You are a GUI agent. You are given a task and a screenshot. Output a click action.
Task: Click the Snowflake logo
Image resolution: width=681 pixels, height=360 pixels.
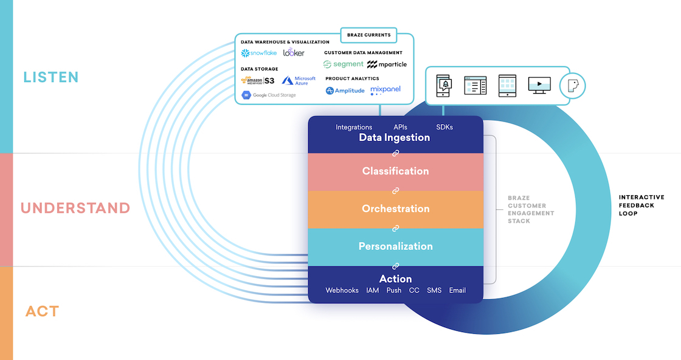coord(259,53)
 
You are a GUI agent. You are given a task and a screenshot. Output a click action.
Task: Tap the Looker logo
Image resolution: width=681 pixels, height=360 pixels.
coord(294,52)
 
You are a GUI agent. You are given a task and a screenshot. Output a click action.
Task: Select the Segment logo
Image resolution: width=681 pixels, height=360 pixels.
coord(343,64)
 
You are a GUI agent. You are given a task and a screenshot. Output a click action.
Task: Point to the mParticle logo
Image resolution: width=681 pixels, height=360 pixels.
coord(387,64)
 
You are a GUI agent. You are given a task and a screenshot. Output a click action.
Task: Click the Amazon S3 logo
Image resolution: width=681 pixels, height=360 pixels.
coord(258,80)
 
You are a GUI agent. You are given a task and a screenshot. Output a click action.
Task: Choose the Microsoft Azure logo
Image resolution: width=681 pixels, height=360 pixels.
coord(299,81)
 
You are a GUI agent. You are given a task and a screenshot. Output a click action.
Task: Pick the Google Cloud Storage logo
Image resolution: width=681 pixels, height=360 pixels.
coord(269,95)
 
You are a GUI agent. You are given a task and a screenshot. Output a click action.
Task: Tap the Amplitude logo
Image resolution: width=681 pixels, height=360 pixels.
coord(345,91)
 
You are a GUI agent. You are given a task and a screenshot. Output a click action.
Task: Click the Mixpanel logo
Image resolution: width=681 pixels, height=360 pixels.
coord(385,90)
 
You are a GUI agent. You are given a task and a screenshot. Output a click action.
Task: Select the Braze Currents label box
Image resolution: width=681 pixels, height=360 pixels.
coord(368,35)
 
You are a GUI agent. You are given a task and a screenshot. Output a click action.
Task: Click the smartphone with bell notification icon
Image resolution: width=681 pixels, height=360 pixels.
coord(444,86)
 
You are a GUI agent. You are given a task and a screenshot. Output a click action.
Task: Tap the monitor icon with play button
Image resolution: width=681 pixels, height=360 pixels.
coord(539,85)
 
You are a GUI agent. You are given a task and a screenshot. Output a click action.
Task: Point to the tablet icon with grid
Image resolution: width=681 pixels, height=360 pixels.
coord(507,86)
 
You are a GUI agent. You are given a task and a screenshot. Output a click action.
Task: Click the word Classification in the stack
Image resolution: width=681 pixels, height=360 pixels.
coord(396,171)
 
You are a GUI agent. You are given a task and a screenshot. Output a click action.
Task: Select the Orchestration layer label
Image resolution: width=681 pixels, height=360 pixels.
coord(396,209)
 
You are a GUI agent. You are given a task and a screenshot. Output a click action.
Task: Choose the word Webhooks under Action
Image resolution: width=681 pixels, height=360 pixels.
coord(342,290)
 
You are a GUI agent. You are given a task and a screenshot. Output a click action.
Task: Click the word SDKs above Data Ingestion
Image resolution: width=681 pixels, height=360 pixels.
coord(444,127)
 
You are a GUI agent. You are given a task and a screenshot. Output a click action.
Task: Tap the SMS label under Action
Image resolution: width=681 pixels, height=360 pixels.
coord(434,290)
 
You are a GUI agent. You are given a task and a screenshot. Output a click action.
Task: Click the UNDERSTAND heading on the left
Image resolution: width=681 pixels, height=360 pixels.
coord(75,208)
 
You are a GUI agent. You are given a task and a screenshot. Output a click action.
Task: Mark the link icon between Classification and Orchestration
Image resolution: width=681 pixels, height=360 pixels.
coord(396,190)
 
